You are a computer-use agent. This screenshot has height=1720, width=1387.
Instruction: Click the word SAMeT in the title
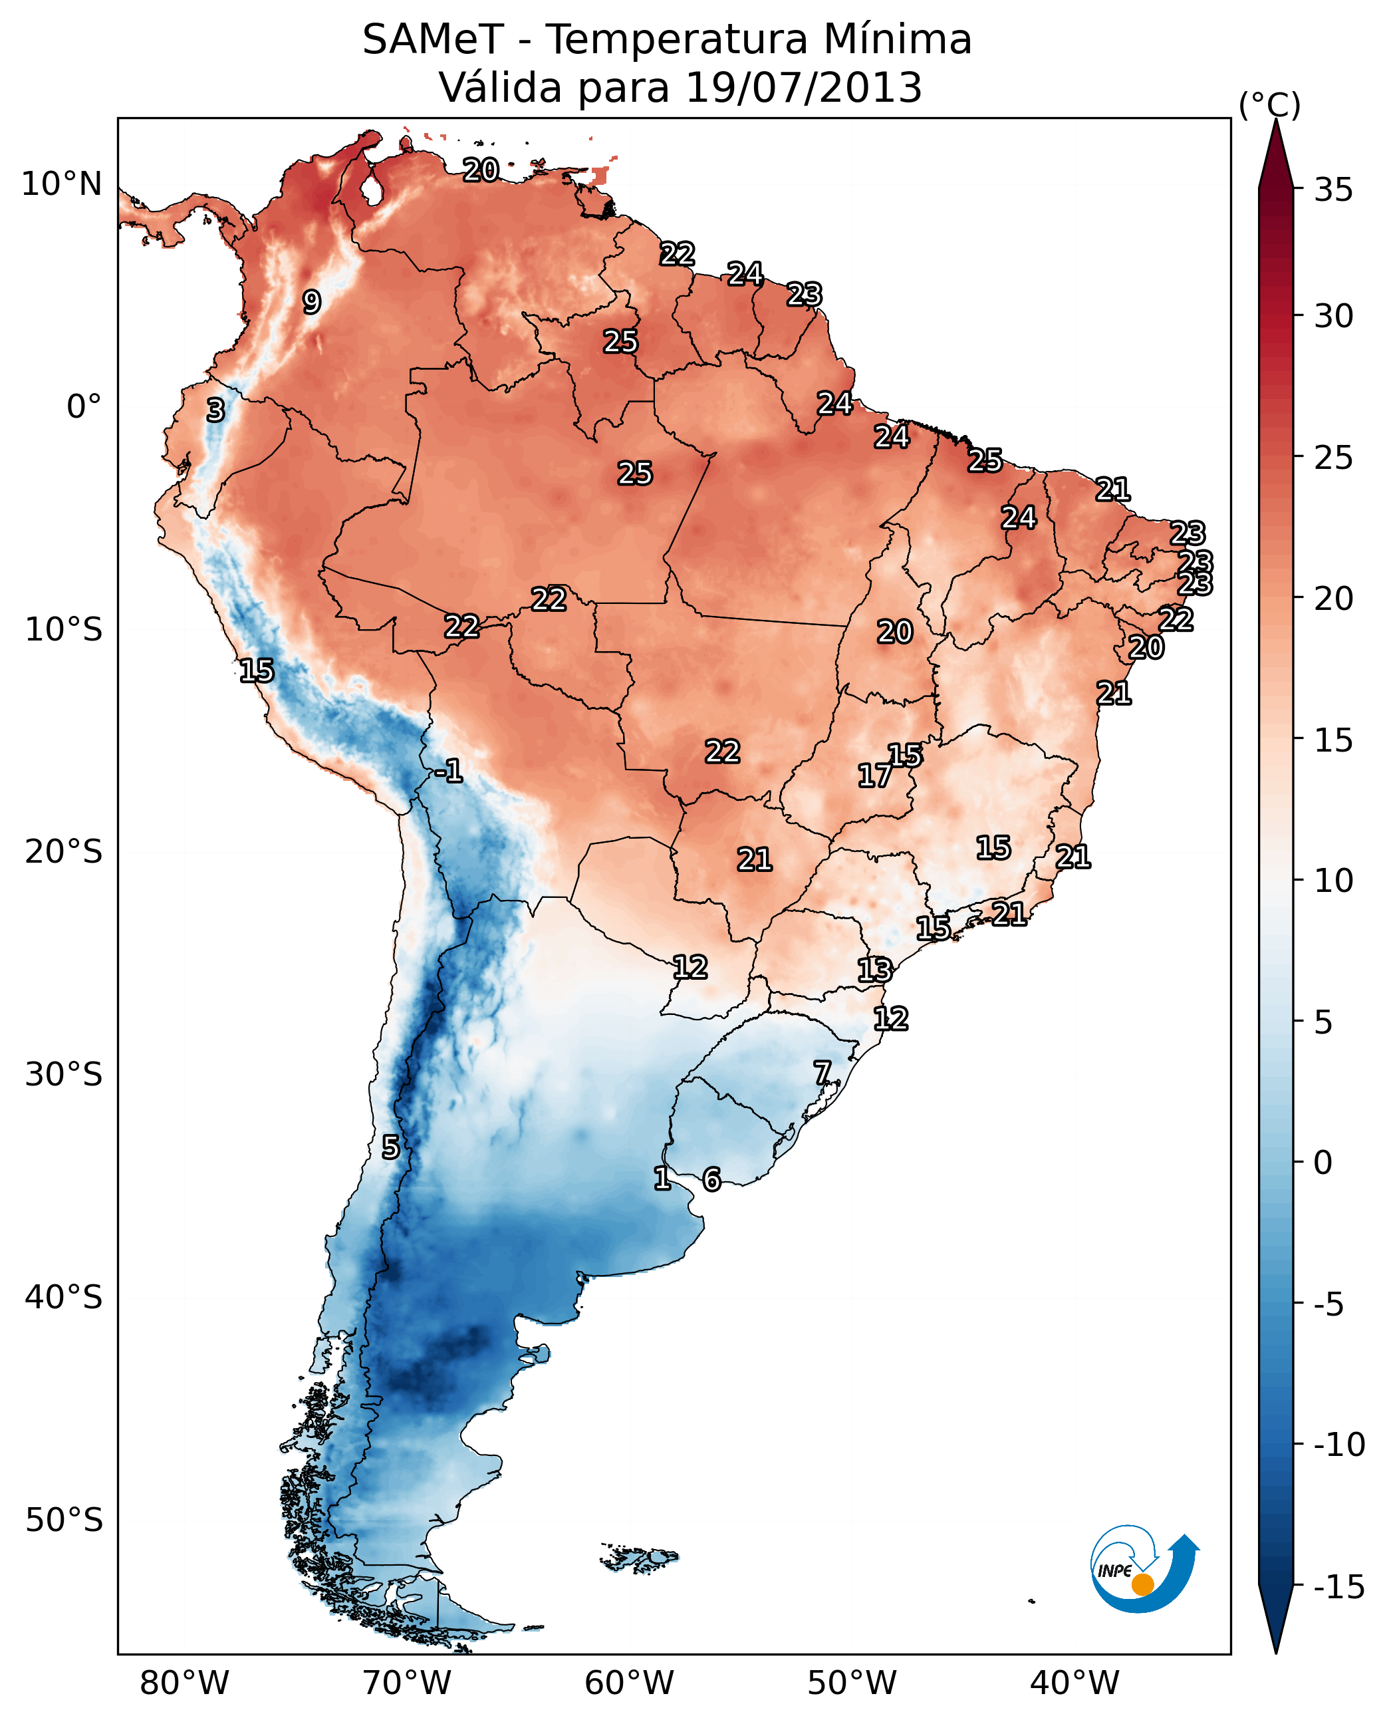433,40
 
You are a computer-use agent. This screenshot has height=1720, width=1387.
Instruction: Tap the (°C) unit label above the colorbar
1269,106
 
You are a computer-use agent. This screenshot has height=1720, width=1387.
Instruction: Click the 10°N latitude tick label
62,185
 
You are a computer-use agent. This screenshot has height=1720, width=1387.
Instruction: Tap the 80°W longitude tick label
185,1683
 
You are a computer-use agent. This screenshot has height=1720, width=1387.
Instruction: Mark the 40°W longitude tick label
1074,1683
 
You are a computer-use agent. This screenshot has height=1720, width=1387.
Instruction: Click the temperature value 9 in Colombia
312,302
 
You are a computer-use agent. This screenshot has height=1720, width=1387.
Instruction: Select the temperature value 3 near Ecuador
215,411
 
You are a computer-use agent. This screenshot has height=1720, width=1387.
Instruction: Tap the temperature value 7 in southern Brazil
822,1073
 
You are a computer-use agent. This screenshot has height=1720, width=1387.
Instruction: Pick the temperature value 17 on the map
874,776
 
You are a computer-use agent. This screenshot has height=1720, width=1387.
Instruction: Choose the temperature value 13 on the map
874,970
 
